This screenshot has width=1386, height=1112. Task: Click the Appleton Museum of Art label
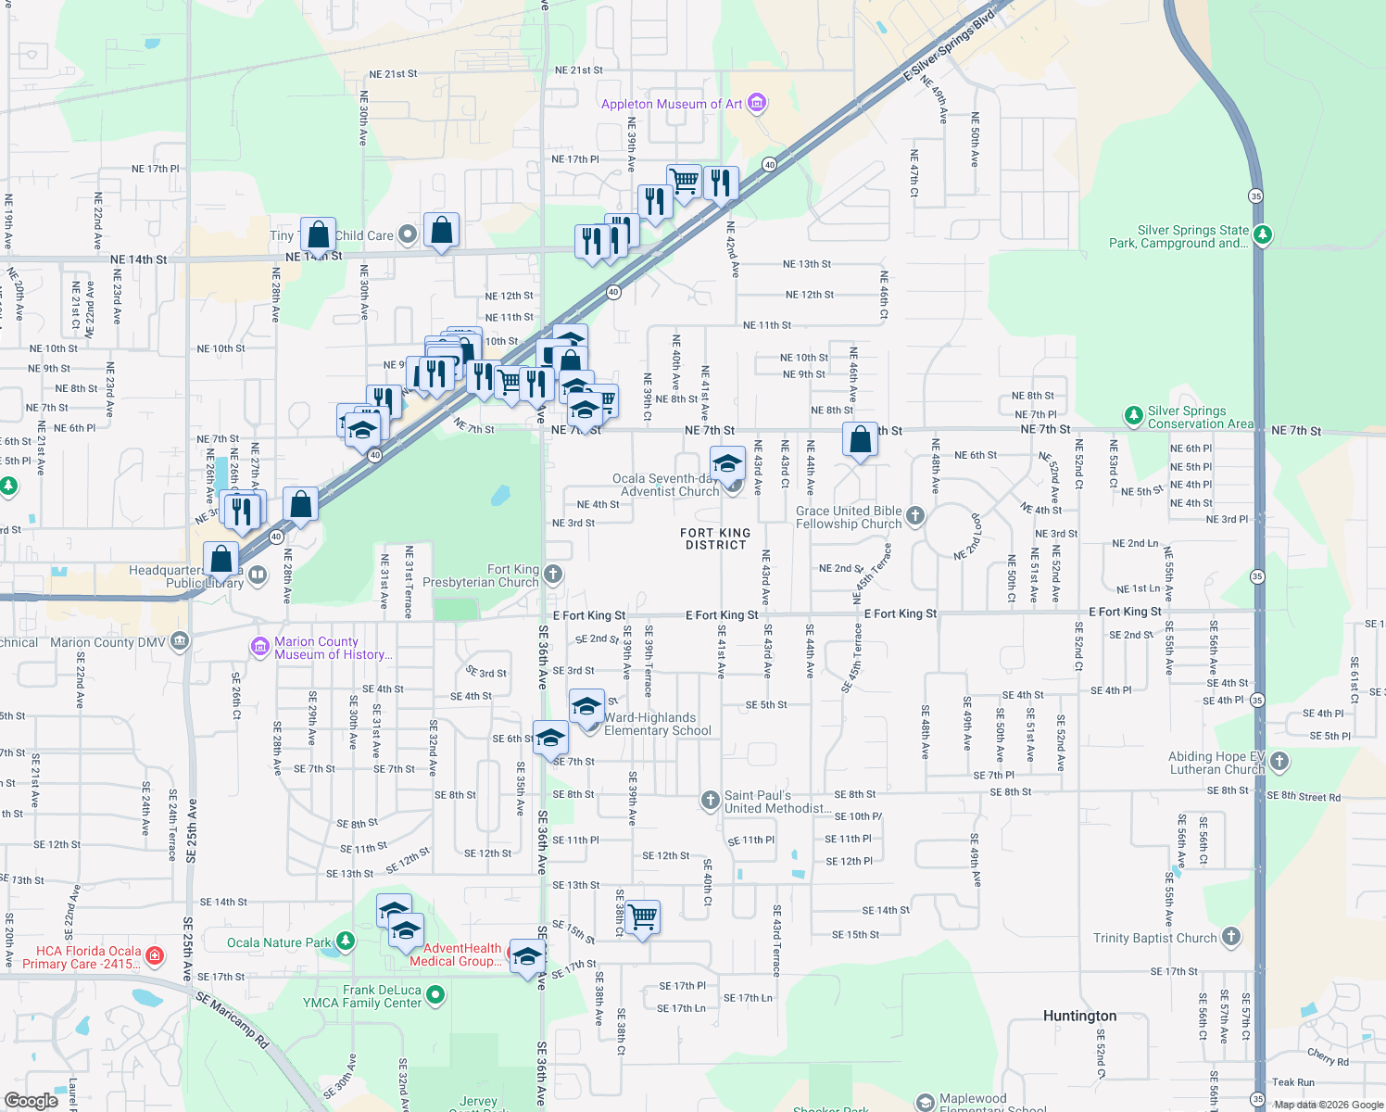pyautogui.click(x=672, y=104)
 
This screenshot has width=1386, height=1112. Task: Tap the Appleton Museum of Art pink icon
pyautogui.click(x=757, y=103)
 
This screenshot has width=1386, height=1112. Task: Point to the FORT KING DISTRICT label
pyautogui.click(x=715, y=538)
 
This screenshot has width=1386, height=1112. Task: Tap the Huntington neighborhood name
pyautogui.click(x=1079, y=1016)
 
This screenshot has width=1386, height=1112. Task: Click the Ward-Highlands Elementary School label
pyautogui.click(x=658, y=724)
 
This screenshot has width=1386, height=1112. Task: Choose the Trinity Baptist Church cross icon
pyautogui.click(x=1231, y=937)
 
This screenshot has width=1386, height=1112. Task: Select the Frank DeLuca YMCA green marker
pyautogui.click(x=435, y=995)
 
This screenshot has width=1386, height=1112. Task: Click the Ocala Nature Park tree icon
pyautogui.click(x=346, y=941)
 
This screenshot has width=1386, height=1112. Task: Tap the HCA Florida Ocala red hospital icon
pyautogui.click(x=155, y=955)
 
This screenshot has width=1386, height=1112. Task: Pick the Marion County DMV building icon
pyautogui.click(x=181, y=641)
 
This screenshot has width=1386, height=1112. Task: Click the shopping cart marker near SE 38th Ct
pyautogui.click(x=642, y=917)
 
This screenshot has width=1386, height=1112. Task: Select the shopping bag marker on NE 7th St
pyautogui.click(x=861, y=439)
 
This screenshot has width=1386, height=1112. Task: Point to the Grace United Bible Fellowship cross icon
pyautogui.click(x=915, y=516)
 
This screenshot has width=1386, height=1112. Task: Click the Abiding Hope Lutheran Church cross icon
pyautogui.click(x=1279, y=762)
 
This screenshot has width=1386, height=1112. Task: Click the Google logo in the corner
pyautogui.click(x=31, y=1100)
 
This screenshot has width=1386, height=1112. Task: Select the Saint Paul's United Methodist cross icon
pyautogui.click(x=711, y=801)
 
